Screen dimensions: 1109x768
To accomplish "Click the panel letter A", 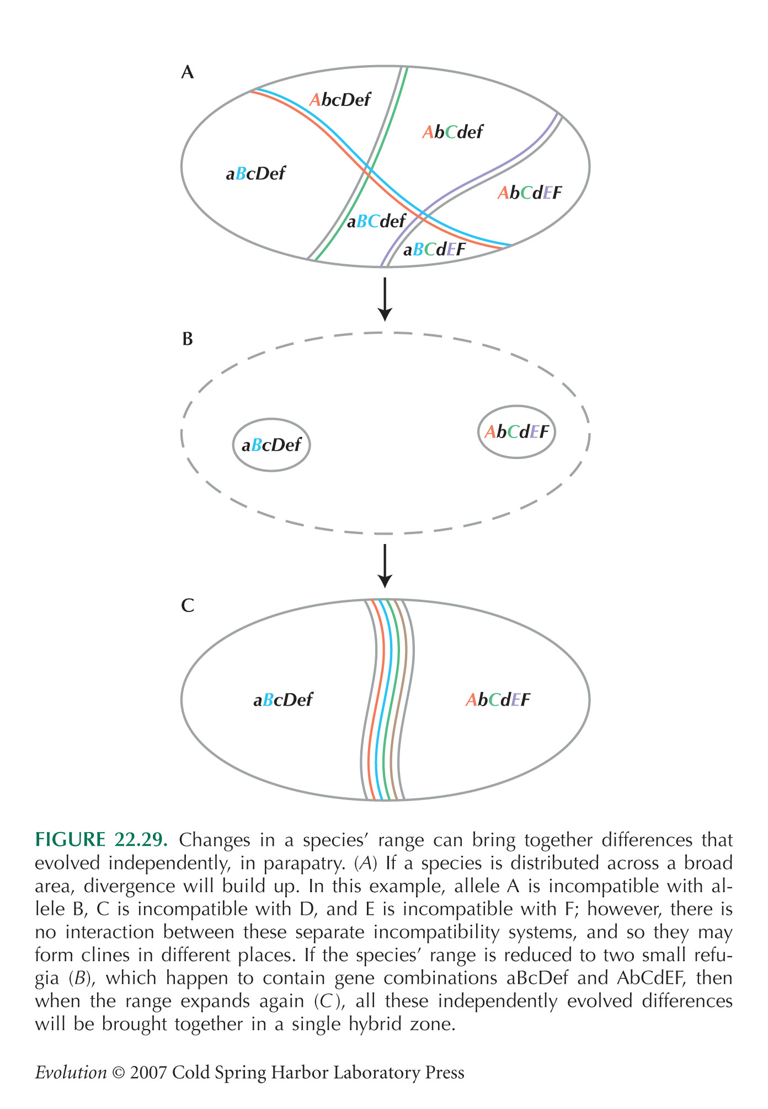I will (188, 72).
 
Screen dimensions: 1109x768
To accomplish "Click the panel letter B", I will (188, 339).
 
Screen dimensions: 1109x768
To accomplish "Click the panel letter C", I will (188, 606).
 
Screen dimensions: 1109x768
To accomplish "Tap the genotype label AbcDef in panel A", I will (340, 100).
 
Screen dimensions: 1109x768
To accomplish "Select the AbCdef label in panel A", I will (452, 132).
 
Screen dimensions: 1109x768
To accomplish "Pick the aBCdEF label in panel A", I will (434, 250).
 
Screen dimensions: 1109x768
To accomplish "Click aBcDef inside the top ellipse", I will (255, 174).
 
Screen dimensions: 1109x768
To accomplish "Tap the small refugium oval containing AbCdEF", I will (516, 432).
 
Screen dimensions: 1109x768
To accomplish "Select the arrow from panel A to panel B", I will (385, 298).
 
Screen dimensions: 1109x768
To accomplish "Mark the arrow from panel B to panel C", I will (385, 566).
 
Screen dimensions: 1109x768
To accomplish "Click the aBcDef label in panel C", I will (283, 700).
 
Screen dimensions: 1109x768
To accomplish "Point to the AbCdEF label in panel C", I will (498, 700).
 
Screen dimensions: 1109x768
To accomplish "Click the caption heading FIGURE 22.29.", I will (101, 840).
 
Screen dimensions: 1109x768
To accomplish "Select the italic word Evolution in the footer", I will (71, 1073).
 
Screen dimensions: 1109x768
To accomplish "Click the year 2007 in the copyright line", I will (147, 1073).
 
